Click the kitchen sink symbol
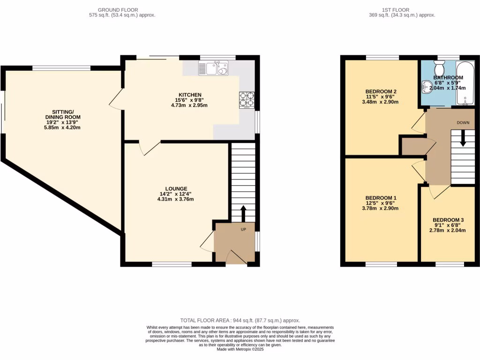[x=213, y=69]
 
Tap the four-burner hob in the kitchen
[x=247, y=99]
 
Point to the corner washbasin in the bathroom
[x=426, y=87]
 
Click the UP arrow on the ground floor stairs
[x=243, y=213]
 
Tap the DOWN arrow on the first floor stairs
[x=463, y=139]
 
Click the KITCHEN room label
[x=189, y=94]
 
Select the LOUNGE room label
[x=176, y=188]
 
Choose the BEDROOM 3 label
[x=448, y=220]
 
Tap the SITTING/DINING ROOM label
[x=63, y=114]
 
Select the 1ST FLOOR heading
[x=396, y=10]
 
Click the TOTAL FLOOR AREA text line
[x=240, y=320]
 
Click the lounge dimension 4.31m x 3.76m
[x=176, y=199]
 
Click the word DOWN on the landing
[x=463, y=122]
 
